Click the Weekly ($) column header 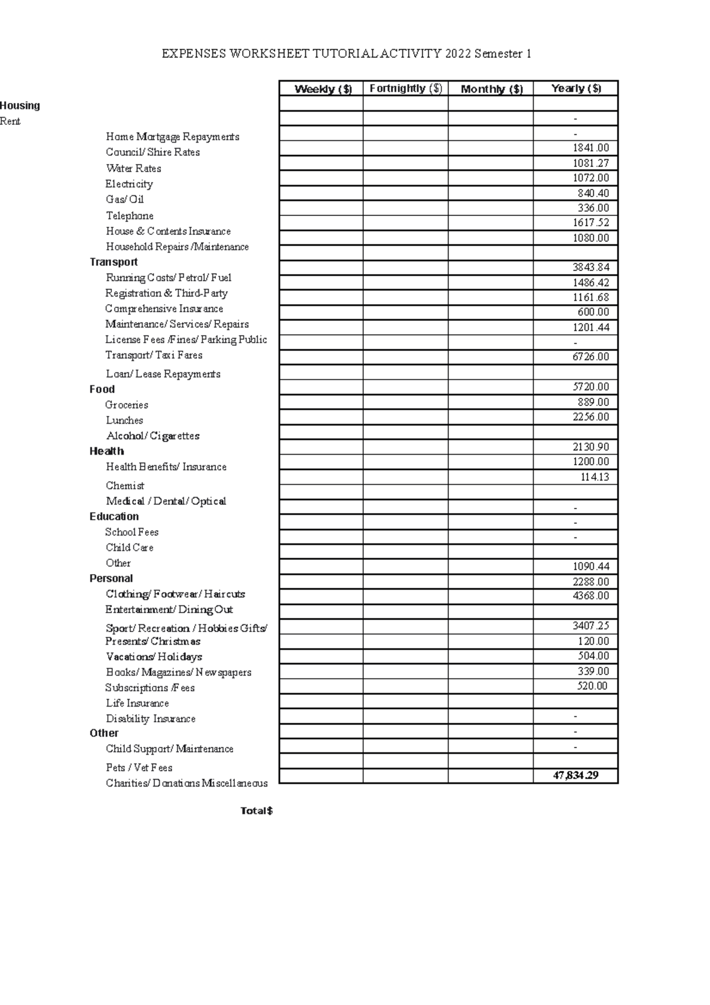tap(323, 89)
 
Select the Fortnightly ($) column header tap(406, 88)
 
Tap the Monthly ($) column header tap(492, 89)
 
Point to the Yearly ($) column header tap(576, 88)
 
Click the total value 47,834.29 tap(576, 775)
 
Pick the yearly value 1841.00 tap(590, 148)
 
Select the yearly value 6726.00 tap(590, 357)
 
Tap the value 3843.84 tap(590, 268)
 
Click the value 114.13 tap(595, 477)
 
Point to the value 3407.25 tap(590, 626)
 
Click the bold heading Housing tap(20, 105)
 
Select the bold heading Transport tap(114, 262)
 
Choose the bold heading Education tap(114, 516)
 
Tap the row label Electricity tap(129, 184)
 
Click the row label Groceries tap(127, 405)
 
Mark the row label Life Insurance tap(137, 703)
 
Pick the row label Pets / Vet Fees tap(139, 768)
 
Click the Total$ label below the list tap(256, 811)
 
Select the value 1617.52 tap(590, 223)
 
